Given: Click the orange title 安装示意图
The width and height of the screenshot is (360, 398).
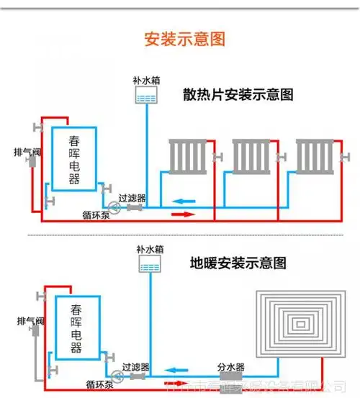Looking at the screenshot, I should pos(179,38).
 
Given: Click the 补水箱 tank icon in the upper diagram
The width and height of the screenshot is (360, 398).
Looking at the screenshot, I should pos(145,96).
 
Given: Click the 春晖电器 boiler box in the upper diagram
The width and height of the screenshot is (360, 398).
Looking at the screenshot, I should pos(74,159).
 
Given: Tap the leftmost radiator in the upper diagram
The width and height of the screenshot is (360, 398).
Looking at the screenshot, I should pos(189,156).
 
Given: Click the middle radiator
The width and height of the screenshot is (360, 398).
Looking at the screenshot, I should pos(251,156).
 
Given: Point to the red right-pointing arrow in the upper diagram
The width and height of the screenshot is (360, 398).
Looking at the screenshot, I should pos(183,214).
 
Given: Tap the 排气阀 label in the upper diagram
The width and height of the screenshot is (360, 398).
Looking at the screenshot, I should pos(27,152).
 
